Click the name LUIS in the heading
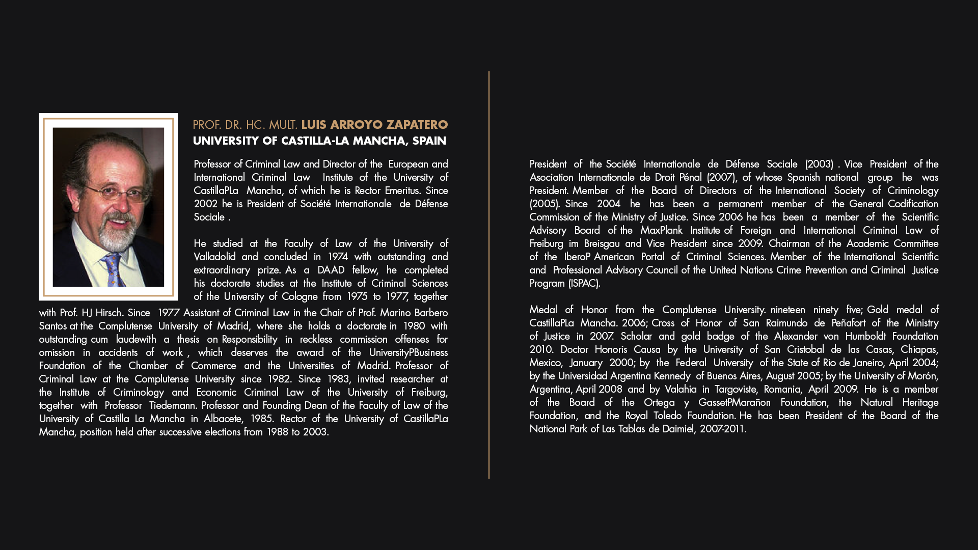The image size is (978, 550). point(314,125)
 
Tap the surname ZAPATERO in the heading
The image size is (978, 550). point(417,125)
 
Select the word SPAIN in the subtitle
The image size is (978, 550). point(429,141)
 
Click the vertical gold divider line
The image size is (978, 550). point(489,275)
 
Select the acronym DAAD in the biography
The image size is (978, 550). point(331,270)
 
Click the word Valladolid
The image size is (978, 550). point(214,257)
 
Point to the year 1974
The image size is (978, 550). point(338,257)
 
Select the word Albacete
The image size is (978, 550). point(223,419)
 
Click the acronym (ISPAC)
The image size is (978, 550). point(584,283)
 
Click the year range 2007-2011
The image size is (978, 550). point(723,429)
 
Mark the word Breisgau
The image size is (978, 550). point(602,243)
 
